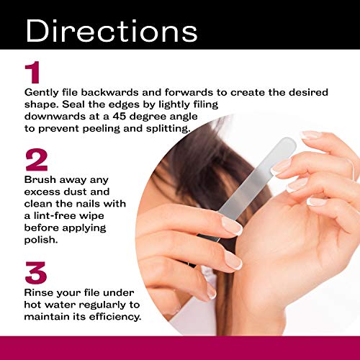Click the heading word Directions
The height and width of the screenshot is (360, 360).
click(x=112, y=30)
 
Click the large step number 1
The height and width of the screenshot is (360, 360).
click(x=32, y=72)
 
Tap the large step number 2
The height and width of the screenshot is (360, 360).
click(x=37, y=160)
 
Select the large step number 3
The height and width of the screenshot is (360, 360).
click(x=36, y=273)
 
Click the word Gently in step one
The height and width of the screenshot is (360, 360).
click(x=41, y=93)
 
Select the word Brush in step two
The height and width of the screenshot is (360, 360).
click(x=40, y=179)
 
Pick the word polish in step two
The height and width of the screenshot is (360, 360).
click(x=41, y=240)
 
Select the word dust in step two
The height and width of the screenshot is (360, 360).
click(x=75, y=192)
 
